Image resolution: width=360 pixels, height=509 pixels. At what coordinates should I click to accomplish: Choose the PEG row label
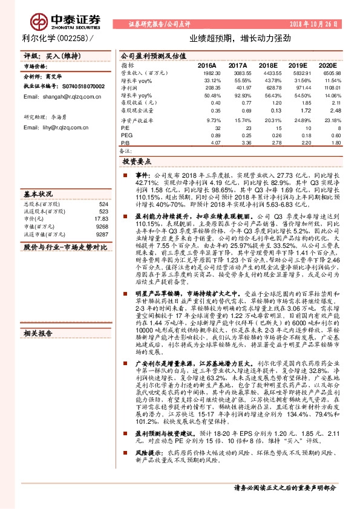click(x=126, y=135)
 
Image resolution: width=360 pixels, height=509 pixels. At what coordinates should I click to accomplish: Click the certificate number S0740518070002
click(x=78, y=87)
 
